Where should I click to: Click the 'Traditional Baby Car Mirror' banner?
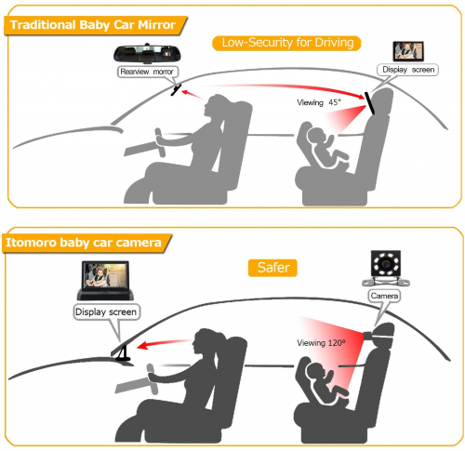click(95, 25)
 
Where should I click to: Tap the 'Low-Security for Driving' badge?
click(286, 43)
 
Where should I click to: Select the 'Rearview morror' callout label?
click(148, 72)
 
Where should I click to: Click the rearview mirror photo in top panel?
click(146, 53)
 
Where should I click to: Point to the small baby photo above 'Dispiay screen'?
click(408, 51)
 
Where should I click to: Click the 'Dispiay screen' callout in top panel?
click(407, 70)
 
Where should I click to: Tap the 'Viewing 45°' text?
click(319, 102)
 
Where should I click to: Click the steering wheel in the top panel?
click(160, 142)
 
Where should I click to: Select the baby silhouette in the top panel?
click(325, 146)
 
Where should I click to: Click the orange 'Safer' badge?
click(272, 268)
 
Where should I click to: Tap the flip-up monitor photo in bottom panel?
click(105, 280)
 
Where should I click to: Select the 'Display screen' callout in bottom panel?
click(106, 312)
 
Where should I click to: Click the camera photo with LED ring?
click(386, 268)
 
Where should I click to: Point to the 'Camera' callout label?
click(384, 296)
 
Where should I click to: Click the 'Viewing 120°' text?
click(321, 343)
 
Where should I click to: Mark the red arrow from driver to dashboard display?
click(164, 343)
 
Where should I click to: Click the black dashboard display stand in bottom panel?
click(124, 354)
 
